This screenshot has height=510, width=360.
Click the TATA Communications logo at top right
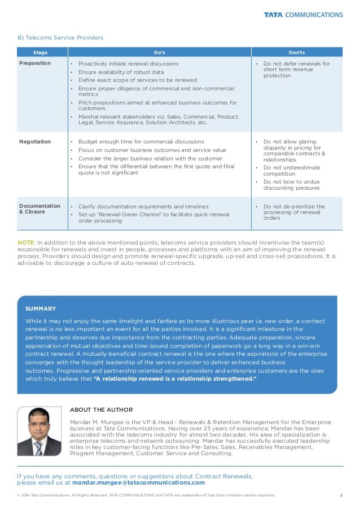point(303,15)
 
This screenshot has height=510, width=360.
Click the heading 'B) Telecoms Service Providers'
point(60,38)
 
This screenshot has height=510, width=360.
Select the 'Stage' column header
point(41,52)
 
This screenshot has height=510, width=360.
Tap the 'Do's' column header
point(160,52)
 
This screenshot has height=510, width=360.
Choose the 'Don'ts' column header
point(296,52)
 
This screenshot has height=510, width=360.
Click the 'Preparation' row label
point(35,63)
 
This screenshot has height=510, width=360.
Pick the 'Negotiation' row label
point(35,141)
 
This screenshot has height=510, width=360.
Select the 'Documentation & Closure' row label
point(39,210)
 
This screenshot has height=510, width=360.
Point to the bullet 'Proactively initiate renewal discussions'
point(128,64)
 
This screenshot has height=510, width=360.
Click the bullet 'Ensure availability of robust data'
point(121,72)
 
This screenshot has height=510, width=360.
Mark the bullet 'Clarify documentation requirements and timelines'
point(143,207)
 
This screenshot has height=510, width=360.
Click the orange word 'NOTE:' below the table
point(27,243)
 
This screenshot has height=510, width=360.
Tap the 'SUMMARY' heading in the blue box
point(41,308)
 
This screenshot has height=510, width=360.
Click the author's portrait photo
point(39,431)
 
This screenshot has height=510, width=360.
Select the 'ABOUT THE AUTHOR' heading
point(101,409)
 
